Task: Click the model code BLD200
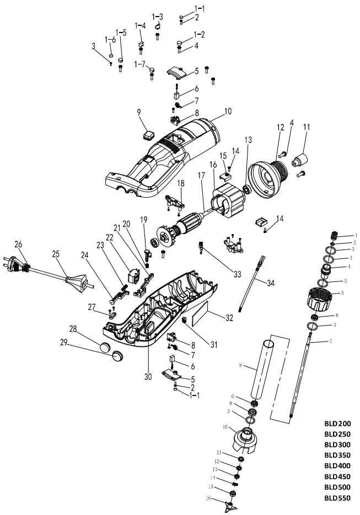(337, 424)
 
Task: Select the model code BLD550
(337, 497)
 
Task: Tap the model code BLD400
(337, 466)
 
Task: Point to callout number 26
(18, 244)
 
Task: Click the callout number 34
(271, 283)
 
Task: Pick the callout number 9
(139, 114)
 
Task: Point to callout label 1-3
(158, 17)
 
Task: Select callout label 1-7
(140, 64)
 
